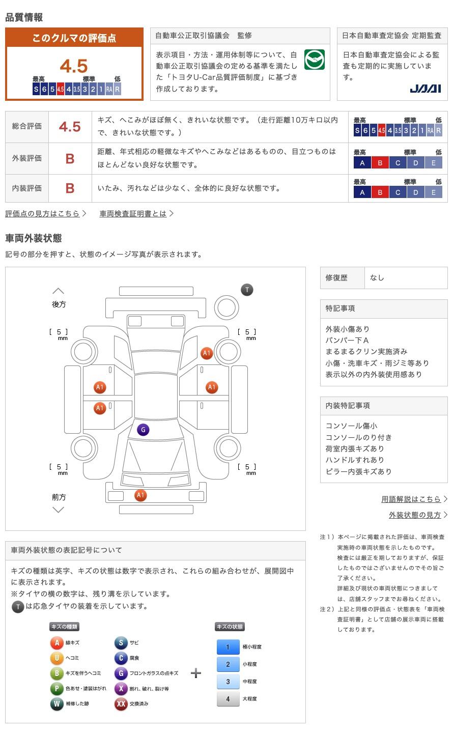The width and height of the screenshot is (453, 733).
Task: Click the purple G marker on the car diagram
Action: (143, 430)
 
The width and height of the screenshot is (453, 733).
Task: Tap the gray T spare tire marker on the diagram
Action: (247, 290)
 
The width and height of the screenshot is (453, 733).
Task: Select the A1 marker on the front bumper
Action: (140, 495)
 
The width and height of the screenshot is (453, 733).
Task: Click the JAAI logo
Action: (425, 89)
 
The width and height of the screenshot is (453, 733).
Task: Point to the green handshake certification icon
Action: (314, 60)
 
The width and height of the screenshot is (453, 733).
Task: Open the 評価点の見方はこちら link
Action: (43, 214)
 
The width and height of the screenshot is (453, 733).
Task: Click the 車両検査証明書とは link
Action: (133, 214)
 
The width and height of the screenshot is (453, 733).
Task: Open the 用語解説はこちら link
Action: (411, 499)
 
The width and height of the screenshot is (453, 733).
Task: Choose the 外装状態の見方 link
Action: (415, 515)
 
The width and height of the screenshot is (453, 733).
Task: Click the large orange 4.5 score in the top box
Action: (74, 66)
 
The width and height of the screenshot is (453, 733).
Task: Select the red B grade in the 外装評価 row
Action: (70, 158)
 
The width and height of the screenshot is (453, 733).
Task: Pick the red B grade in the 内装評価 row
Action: (70, 188)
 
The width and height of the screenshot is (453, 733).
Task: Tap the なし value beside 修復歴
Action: (377, 278)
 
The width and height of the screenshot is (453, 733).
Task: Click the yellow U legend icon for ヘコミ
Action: (56, 658)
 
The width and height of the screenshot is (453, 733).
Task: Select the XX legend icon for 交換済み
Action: (121, 704)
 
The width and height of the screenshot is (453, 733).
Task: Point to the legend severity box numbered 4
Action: (228, 699)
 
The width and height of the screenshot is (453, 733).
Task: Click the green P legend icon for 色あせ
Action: (56, 689)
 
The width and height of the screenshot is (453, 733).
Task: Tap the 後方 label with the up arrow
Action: (59, 304)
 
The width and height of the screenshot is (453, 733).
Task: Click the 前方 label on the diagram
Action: (59, 497)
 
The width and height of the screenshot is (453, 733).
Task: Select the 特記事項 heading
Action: (341, 308)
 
